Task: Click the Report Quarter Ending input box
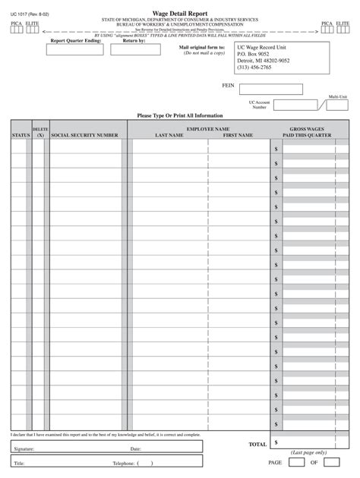75,50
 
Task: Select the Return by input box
141,50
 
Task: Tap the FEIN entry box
270,90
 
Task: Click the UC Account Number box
295,105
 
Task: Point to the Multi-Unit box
337,105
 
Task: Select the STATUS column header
21,135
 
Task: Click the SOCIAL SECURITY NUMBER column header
84,135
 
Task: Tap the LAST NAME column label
169,135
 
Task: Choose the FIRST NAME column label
238,135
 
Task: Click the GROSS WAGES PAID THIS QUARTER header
307,132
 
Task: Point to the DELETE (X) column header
40,132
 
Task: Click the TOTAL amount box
308,442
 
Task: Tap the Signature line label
24,449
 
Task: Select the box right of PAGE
298,461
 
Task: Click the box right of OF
331,461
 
